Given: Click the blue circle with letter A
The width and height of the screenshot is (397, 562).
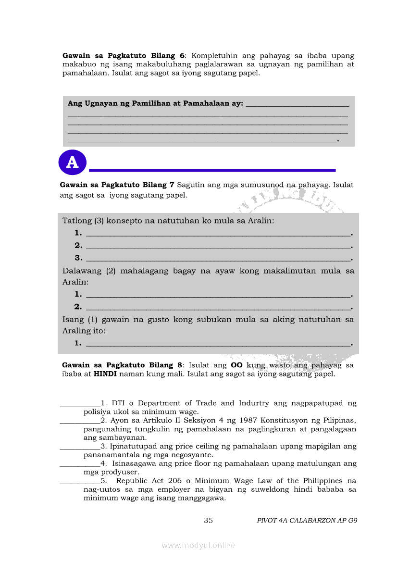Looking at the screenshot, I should point(72,162).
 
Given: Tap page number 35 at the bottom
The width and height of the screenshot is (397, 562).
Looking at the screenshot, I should point(208,520).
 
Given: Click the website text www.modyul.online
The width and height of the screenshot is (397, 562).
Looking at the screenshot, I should point(198,545).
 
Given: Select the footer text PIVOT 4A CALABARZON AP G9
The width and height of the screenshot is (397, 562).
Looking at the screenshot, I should point(307,520).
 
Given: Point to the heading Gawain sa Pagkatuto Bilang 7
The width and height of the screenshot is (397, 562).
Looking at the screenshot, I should point(117,185).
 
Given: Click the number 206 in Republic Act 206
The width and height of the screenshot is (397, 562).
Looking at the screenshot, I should point(180,481).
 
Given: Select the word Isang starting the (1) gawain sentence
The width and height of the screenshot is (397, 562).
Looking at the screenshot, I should point(73,319).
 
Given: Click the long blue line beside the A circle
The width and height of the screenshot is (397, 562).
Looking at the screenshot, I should point(212,170).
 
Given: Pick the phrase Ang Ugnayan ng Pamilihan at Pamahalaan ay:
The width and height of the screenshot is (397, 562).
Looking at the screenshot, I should point(155,103).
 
